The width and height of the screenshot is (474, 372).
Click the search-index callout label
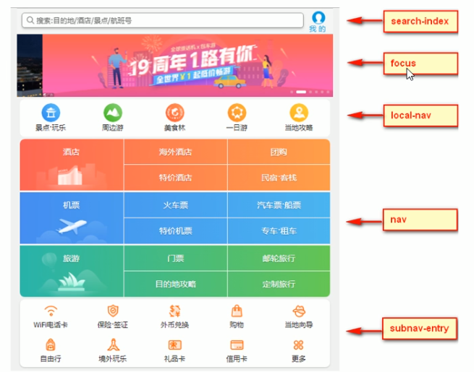coord(420,22)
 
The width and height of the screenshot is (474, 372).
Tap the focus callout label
coord(420,64)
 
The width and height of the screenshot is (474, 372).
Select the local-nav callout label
coord(420,114)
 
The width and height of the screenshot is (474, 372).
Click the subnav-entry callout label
coord(420,329)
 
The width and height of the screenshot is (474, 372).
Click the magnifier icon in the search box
coord(30,20)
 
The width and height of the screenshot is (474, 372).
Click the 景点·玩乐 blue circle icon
coord(51,113)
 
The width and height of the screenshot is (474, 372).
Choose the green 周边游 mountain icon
coord(113,113)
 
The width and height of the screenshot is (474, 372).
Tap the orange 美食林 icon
coord(175,113)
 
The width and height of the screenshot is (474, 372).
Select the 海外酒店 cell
coord(175,152)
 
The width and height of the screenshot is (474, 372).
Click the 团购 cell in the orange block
coord(279,152)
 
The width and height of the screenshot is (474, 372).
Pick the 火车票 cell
coord(175,205)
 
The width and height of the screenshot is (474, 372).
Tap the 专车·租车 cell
coord(279,231)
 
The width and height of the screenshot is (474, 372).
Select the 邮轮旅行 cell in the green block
coord(279,258)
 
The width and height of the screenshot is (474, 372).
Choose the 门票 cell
coord(175,258)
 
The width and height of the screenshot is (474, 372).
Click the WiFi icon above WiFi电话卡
coord(51,311)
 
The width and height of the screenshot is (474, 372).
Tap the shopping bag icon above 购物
coord(237,311)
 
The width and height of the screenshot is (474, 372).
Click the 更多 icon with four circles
coord(299,345)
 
